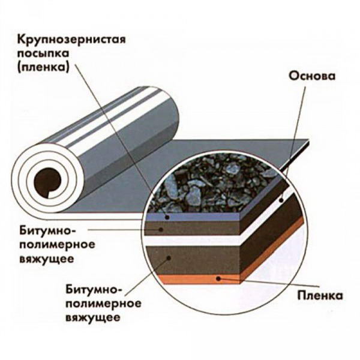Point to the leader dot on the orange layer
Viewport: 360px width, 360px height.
point(223,278)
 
